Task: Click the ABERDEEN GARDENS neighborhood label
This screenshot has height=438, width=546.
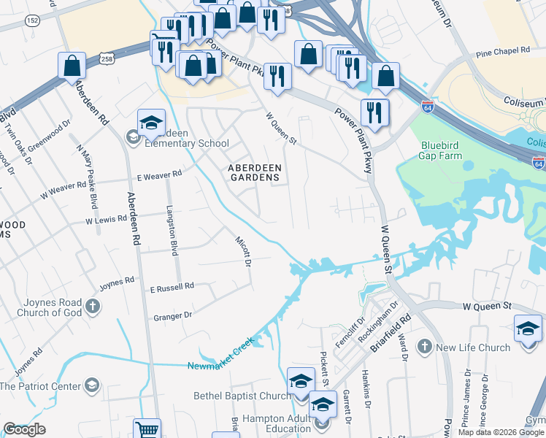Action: (254, 172)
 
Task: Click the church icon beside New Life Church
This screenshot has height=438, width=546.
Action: (424, 346)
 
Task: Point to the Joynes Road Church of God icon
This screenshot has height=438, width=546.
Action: (92, 306)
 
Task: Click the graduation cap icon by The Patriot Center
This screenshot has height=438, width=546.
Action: (92, 385)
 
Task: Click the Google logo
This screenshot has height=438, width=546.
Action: (24, 429)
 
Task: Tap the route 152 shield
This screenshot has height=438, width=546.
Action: (32, 21)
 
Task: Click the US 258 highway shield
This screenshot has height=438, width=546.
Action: (107, 58)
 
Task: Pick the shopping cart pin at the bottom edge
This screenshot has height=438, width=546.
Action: (147, 429)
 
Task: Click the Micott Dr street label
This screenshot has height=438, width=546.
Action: (242, 250)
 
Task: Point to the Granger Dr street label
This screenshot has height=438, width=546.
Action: (172, 315)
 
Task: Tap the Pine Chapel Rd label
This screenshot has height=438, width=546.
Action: (501, 52)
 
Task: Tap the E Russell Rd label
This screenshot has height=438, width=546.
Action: (172, 286)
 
